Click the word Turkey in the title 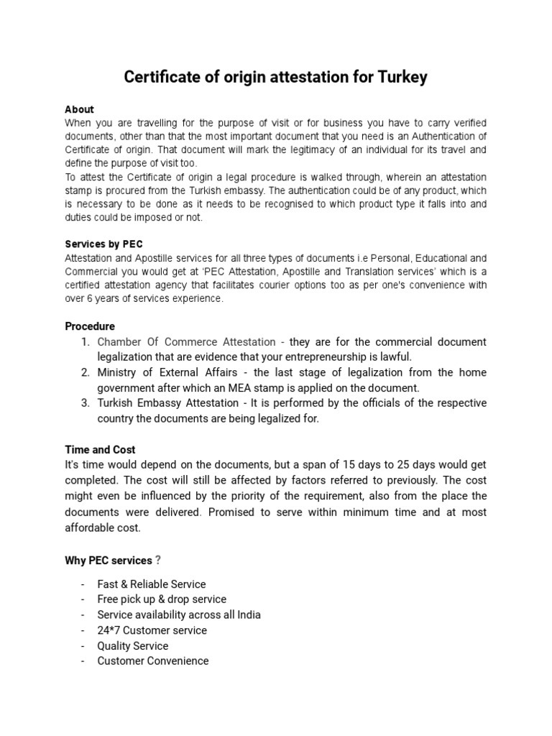click(399, 77)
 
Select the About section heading click(79, 109)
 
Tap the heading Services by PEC click(109, 244)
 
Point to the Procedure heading click(90, 326)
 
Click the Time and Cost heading click(100, 450)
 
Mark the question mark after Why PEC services click(158, 560)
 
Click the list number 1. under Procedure click(85, 342)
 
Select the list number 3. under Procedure click(85, 403)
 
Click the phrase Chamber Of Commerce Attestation click(186, 342)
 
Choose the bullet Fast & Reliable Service click(151, 584)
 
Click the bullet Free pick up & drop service click(162, 599)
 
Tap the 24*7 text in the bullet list click(109, 630)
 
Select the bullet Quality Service click(132, 645)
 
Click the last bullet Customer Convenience click(152, 661)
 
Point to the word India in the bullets click(247, 615)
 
